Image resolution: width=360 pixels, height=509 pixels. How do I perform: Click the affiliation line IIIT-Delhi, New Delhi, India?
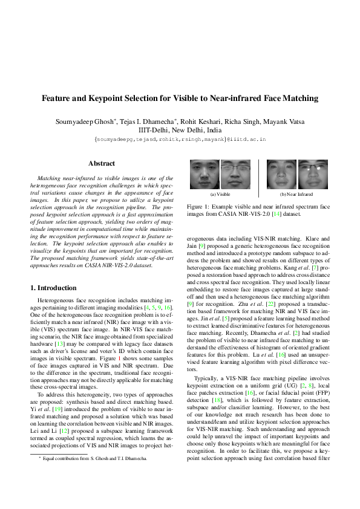click(180, 130)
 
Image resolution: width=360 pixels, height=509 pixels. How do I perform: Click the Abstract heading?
click(102, 163)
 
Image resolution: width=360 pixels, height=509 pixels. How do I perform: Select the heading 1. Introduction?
click(53, 288)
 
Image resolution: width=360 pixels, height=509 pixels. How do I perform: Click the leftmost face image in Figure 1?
click(205, 175)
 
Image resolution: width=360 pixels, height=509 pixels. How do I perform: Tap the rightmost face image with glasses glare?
click(313, 175)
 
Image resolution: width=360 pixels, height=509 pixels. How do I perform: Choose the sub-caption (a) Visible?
click(220, 195)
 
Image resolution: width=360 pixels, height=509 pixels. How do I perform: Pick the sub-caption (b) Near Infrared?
click(296, 195)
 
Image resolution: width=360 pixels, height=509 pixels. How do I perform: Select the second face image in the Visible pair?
click(235, 175)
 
